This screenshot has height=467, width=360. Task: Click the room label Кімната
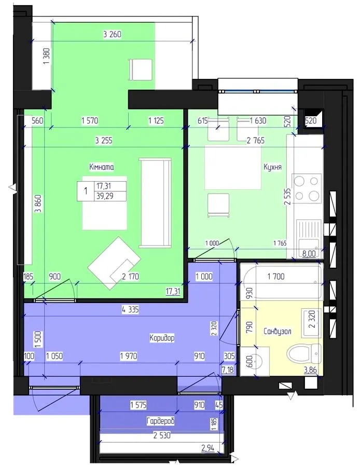(x=101, y=167)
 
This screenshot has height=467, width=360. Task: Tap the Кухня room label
(x=272, y=167)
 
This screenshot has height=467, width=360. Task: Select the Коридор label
(x=162, y=338)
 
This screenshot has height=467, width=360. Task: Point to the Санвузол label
(x=278, y=331)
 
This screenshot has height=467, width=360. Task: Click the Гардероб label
(x=160, y=421)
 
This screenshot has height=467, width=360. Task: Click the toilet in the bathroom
(x=304, y=354)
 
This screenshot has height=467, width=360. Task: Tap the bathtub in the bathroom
(x=282, y=282)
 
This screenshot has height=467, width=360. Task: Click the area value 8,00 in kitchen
(x=309, y=254)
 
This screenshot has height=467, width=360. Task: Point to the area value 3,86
(x=310, y=370)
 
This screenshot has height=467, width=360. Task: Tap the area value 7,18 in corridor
(x=228, y=370)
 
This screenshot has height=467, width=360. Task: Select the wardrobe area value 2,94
(x=208, y=447)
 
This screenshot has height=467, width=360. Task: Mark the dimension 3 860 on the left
(x=38, y=204)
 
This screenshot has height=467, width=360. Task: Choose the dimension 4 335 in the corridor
(x=130, y=310)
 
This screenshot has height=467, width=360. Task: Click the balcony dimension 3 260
(x=112, y=35)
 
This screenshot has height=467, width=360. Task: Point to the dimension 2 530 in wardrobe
(x=162, y=435)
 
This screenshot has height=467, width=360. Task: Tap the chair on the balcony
(x=140, y=70)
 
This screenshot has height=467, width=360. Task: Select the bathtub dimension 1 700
(x=276, y=277)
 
